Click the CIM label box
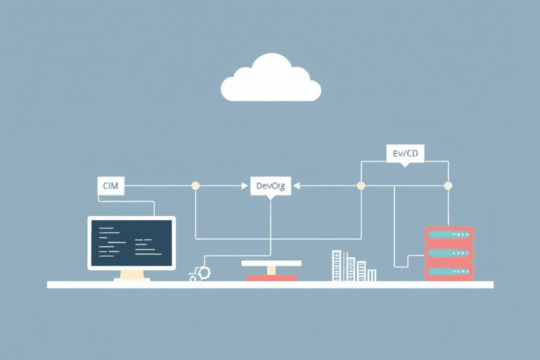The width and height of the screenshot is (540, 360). point(110,186)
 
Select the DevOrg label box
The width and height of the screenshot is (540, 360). point(270,186)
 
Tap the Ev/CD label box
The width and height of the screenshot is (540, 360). point(405,153)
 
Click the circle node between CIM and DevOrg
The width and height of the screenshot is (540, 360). point(195,186)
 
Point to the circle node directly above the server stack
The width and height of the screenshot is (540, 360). point(448,186)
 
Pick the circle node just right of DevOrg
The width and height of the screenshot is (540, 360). point(361,186)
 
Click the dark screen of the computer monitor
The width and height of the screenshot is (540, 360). point(131,243)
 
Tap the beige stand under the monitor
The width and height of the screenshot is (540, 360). point(131,275)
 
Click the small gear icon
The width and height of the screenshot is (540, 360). point(204,272)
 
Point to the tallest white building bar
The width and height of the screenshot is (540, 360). point(336,266)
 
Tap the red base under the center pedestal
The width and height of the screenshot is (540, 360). point(271,278)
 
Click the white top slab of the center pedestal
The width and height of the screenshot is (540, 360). point(271,263)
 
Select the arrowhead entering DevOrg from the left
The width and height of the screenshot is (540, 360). point(247,186)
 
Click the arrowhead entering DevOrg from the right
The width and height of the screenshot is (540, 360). point(295,186)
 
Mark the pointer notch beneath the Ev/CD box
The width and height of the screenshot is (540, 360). point(404,165)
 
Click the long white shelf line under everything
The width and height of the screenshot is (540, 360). point(270,285)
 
